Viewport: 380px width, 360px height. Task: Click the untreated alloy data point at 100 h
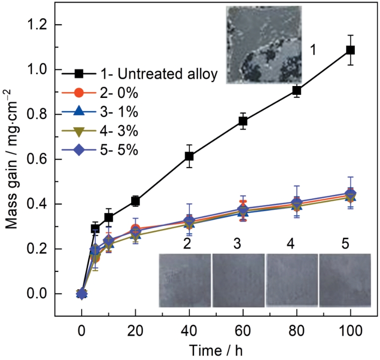pyautogui.click(x=350, y=50)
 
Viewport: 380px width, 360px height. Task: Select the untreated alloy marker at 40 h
pyautogui.click(x=189, y=156)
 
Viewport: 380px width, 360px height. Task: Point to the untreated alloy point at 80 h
pyautogui.click(x=297, y=90)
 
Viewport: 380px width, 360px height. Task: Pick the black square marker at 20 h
pyautogui.click(x=135, y=201)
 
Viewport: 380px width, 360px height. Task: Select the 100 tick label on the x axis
pyautogui.click(x=350, y=329)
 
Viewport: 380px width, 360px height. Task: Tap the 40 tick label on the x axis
pyautogui.click(x=189, y=329)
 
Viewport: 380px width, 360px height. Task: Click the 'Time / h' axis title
pyautogui.click(x=215, y=349)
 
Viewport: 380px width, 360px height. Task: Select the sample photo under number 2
pyautogui.click(x=185, y=280)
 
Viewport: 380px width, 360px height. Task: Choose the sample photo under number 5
pyautogui.click(x=345, y=280)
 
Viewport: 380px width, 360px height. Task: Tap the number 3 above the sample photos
pyautogui.click(x=237, y=243)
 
